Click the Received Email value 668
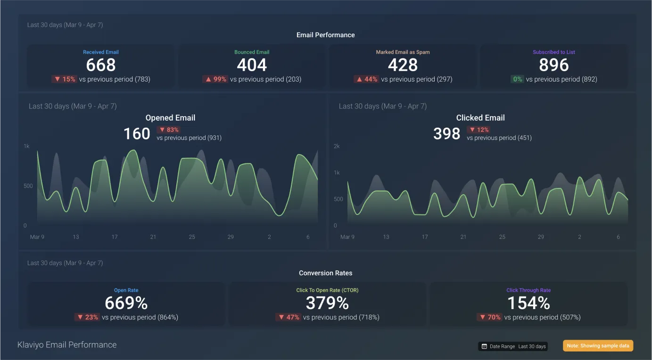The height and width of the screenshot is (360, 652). (101, 65)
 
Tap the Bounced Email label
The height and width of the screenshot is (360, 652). (252, 52)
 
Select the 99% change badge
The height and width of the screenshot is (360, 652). (215, 79)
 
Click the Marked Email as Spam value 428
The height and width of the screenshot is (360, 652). (403, 65)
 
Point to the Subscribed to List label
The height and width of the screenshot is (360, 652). (554, 52)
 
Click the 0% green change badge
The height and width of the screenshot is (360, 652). (517, 79)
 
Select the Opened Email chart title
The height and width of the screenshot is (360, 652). (170, 118)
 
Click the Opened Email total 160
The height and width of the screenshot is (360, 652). (137, 133)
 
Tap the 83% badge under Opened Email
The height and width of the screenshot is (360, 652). (169, 130)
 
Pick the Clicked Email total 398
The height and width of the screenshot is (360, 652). (447, 133)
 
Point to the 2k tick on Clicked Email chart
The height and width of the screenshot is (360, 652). (337, 146)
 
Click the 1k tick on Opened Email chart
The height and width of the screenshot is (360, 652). (26, 146)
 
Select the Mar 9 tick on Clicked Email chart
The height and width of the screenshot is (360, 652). (347, 237)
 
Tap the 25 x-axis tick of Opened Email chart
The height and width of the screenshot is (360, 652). (192, 237)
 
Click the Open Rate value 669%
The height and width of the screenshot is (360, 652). (126, 303)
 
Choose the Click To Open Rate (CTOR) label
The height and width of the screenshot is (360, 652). (327, 290)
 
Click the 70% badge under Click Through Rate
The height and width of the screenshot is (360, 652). (489, 317)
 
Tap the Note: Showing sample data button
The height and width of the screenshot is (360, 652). (598, 346)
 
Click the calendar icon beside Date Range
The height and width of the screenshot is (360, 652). (484, 346)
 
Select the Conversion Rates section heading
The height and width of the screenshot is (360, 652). (325, 273)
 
